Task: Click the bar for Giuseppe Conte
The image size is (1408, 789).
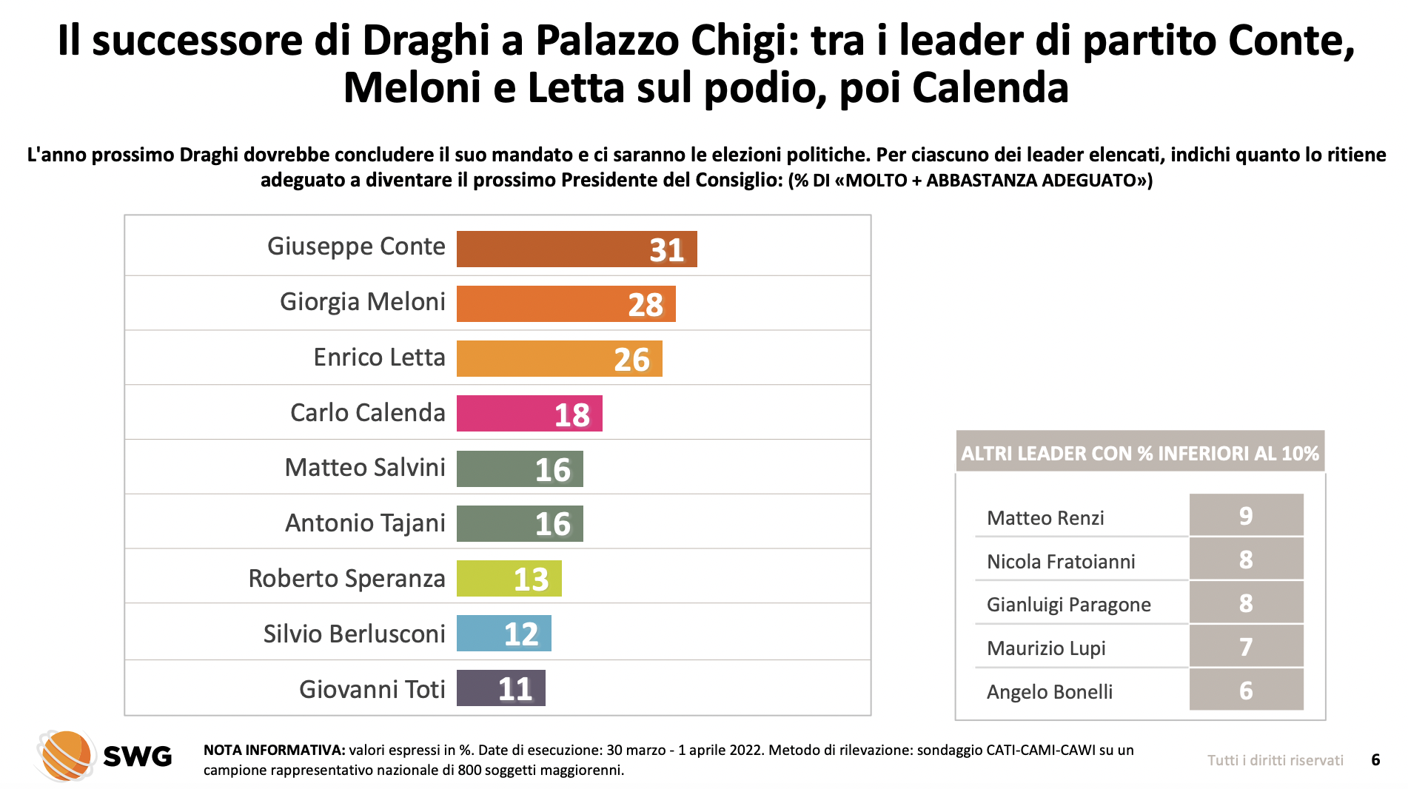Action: coord(576,249)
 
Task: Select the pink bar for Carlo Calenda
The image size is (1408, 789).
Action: coord(529,413)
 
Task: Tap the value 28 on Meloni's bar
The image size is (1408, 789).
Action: coord(645,304)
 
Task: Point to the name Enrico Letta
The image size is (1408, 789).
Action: coord(379,357)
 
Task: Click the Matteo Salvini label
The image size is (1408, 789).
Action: coord(365,468)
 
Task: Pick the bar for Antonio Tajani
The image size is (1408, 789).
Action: coord(519,523)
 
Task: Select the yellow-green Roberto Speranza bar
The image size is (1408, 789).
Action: coord(509,578)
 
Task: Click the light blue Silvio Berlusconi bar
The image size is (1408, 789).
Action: coord(503,634)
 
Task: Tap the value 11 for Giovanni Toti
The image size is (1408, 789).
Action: coord(514,689)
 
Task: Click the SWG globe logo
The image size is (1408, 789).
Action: coord(65,755)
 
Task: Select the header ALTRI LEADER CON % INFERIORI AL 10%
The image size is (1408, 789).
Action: coord(1140,453)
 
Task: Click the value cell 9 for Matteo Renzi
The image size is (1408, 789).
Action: coord(1246,515)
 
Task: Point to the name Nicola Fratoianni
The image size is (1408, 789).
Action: coord(1061,562)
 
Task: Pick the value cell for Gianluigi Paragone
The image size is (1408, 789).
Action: coord(1246,602)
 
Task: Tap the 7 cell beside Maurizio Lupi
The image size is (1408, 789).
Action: coord(1246,646)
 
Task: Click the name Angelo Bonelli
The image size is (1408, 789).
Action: coord(1049,692)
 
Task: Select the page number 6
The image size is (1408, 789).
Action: coord(1375,760)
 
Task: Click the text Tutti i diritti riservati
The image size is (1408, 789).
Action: coord(1275,760)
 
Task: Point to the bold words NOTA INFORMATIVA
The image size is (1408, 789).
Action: coord(274,750)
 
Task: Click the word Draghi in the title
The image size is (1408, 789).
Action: coord(426,41)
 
